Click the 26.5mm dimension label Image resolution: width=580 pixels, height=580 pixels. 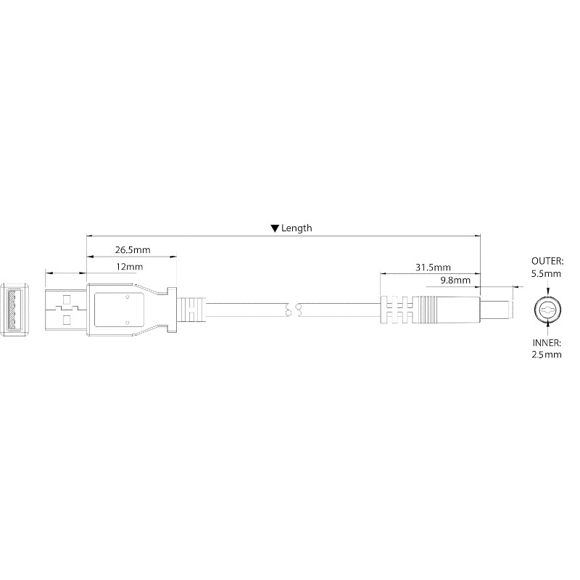coord(133,249)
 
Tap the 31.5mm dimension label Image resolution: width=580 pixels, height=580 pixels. coord(433,267)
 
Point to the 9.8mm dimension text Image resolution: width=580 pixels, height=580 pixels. coord(455,280)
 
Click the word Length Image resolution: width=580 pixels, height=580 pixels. coord(297,228)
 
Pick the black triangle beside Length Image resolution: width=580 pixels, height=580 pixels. coord(275,228)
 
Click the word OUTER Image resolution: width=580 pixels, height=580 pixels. coord(547,261)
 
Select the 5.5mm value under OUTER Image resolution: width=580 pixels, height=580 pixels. coord(547,274)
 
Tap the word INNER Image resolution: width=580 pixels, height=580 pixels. coord(547,342)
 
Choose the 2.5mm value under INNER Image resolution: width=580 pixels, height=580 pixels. coord(547,355)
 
